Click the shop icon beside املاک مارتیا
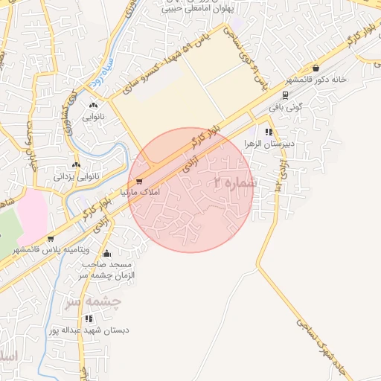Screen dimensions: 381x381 tap(138, 182)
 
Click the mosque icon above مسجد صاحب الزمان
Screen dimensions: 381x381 tap(108, 253)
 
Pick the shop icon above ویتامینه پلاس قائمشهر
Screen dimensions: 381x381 tap(50, 239)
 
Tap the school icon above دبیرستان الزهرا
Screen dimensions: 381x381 tap(269, 132)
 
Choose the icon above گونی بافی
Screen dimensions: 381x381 tap(286, 95)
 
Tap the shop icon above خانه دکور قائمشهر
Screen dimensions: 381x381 tap(316, 68)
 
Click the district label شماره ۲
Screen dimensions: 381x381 tap(234, 182)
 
